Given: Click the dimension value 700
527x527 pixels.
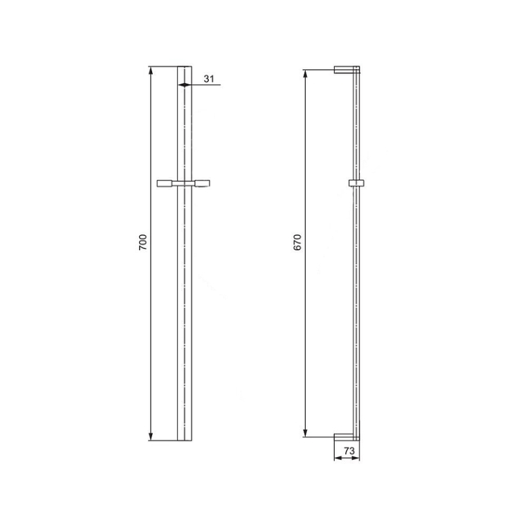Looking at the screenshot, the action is click(143, 242).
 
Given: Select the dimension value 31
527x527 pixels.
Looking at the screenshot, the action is click(209, 79).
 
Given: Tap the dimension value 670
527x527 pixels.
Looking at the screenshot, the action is click(298, 242).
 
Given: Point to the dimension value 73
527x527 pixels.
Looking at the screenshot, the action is click(349, 451).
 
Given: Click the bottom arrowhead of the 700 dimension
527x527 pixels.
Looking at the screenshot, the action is click(151, 436).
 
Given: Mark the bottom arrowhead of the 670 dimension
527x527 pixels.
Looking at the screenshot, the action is click(305, 433).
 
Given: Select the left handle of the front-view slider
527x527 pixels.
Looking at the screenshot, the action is click(165, 183).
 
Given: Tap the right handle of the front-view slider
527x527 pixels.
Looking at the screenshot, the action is click(203, 183).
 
